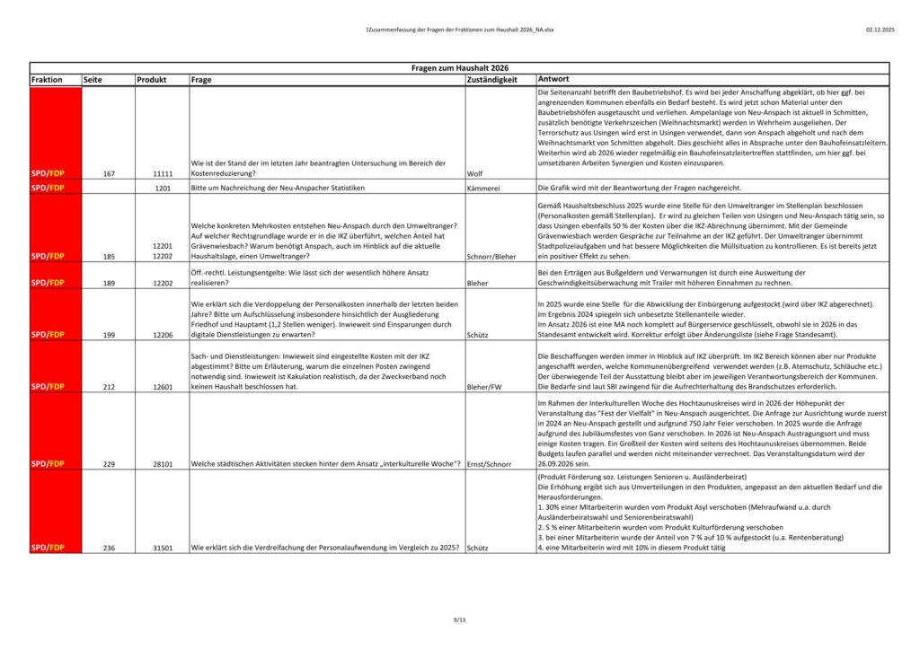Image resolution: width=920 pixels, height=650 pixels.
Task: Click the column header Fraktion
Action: [47, 80]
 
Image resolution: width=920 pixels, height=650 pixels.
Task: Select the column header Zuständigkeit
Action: [492, 80]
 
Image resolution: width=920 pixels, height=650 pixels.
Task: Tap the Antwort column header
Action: [553, 80]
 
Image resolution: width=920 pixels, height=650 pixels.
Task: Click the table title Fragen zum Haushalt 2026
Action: [459, 68]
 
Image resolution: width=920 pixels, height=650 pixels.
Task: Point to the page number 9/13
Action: [460, 621]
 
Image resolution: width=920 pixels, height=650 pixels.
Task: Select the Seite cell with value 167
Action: [108, 173]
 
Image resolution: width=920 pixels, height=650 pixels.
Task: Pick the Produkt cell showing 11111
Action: [162, 173]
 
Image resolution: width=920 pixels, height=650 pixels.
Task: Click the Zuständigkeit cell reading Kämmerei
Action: [483, 189]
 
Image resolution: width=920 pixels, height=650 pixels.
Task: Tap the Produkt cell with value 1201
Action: [162, 189]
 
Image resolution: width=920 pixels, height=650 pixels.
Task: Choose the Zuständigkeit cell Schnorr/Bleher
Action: [491, 256]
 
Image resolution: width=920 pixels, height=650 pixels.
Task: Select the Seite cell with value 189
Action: [108, 282]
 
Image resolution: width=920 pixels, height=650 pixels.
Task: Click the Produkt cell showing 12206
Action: [162, 334]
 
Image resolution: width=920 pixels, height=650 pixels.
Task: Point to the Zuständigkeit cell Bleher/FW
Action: [486, 387]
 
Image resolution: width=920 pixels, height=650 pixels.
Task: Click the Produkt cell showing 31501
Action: [162, 547]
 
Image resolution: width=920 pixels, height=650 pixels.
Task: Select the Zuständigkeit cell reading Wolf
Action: [475, 173]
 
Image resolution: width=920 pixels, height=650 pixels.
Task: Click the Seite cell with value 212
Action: [108, 387]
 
